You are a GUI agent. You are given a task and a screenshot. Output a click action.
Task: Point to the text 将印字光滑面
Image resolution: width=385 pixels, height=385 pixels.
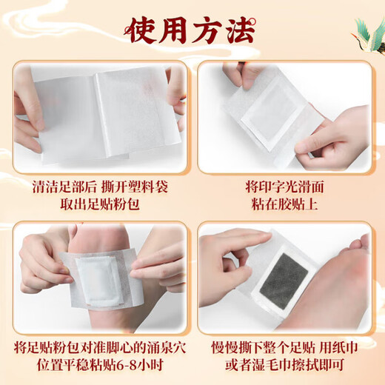point(284,187)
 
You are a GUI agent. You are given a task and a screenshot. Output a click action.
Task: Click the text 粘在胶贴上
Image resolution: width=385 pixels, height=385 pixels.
point(284,205)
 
